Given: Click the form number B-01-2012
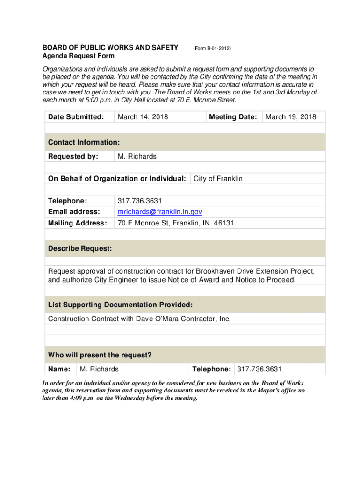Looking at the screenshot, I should tap(212, 48).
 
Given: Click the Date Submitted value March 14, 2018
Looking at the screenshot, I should tap(143, 117).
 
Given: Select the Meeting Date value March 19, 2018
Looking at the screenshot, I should tap(291, 117).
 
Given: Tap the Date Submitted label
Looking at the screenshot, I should tap(76, 117).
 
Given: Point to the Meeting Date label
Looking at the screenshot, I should tap(233, 117).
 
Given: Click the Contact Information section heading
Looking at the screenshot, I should tap(84, 142).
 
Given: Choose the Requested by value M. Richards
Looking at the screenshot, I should tap(137, 156).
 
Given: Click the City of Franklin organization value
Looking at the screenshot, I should tap(218, 179).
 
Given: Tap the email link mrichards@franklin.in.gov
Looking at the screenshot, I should tap(160, 212).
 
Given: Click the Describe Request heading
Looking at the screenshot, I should tap(80, 249).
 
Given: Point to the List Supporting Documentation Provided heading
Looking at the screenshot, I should tap(120, 305).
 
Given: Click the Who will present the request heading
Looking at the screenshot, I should tap(100, 356).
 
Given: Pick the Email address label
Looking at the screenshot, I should tap(74, 212).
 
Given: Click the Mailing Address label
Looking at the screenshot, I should tap(77, 223).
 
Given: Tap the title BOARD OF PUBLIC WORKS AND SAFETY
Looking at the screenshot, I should tap(110, 48).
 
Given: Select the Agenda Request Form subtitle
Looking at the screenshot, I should tap(78, 56).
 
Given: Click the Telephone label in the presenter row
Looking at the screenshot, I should tap(211, 370).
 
